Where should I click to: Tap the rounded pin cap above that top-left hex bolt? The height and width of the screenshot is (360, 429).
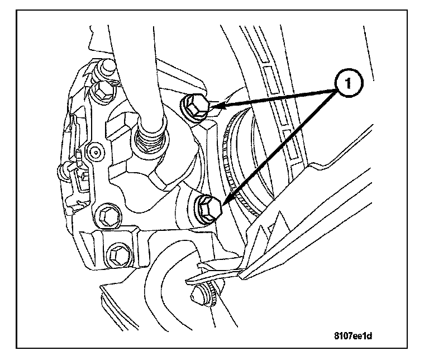click(106, 68)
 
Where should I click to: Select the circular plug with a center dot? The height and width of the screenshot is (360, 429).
click(95, 150)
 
